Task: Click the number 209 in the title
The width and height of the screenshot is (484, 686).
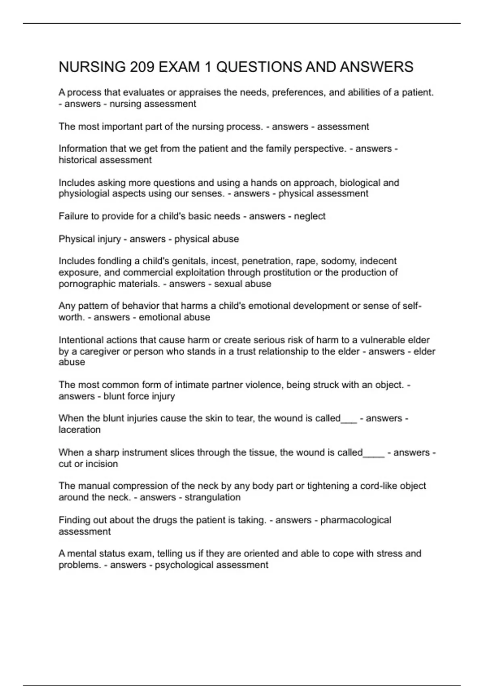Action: pyautogui.click(x=142, y=67)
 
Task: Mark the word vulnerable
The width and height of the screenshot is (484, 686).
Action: pyautogui.click(x=386, y=340)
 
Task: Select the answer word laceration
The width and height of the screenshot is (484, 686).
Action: pyautogui.click(x=79, y=430)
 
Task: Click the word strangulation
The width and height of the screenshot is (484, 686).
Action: pyautogui.click(x=213, y=498)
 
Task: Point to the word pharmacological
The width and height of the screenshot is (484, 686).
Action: pyautogui.click(x=355, y=520)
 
